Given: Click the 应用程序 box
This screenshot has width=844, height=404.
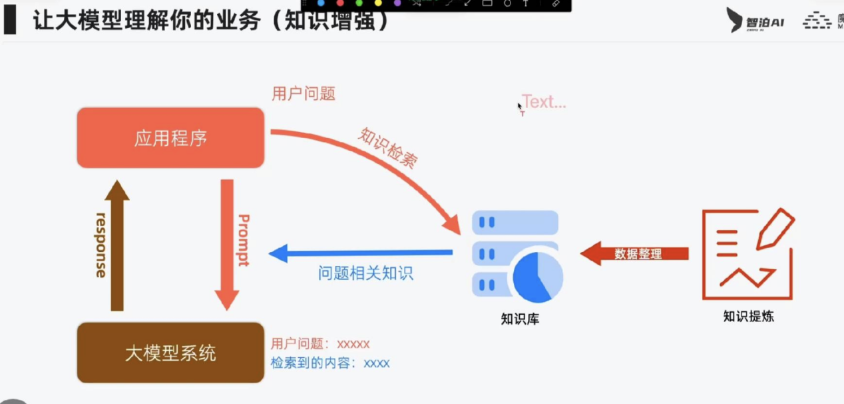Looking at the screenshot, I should coord(170,138).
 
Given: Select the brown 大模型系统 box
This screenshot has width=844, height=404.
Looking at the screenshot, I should coord(170,353).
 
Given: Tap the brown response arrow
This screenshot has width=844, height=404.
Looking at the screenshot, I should coord(117,247).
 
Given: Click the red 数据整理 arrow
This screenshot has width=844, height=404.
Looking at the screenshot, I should coord(635,253).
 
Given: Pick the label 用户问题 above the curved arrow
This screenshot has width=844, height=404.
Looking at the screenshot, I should coord(304,94).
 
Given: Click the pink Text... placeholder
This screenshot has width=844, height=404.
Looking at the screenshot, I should coord(544,102).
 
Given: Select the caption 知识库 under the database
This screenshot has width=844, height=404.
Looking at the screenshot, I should coord(520,319).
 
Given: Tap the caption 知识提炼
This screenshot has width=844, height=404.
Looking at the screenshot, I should coord(748,316).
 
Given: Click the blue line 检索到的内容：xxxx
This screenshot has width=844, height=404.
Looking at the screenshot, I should coord(330,363).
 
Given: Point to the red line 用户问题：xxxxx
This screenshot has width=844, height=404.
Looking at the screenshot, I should coord(320,344).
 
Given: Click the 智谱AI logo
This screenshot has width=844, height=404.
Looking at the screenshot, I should coord(755,21).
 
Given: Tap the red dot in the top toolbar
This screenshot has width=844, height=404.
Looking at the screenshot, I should coord(340,3).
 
